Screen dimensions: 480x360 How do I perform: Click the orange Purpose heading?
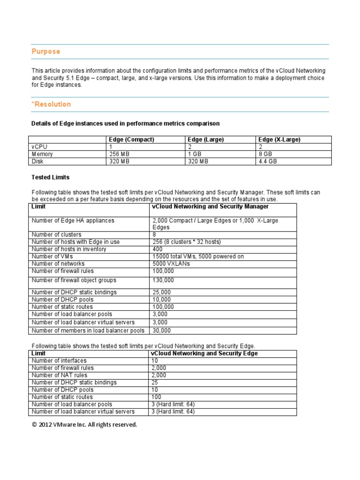(45, 52)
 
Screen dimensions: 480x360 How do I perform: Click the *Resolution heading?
(51, 104)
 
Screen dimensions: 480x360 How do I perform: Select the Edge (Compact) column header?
(131, 140)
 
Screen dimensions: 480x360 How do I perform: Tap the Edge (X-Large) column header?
(279, 140)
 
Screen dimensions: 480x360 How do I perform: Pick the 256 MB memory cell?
(119, 154)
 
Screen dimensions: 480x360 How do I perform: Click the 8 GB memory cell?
(265, 154)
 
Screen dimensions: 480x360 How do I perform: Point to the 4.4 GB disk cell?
(267, 162)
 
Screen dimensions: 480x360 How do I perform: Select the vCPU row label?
(39, 147)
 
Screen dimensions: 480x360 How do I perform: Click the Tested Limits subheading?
(50, 178)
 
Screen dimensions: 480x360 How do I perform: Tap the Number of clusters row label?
(56, 235)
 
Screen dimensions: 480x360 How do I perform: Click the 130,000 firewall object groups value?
(163, 280)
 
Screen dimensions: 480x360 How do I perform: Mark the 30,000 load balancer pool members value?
(162, 330)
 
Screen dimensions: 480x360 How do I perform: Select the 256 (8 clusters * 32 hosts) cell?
(187, 242)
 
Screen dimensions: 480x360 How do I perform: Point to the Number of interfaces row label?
(59, 360)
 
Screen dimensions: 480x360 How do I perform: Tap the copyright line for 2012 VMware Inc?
(84, 425)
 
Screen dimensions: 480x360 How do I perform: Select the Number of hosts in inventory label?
(69, 249)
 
